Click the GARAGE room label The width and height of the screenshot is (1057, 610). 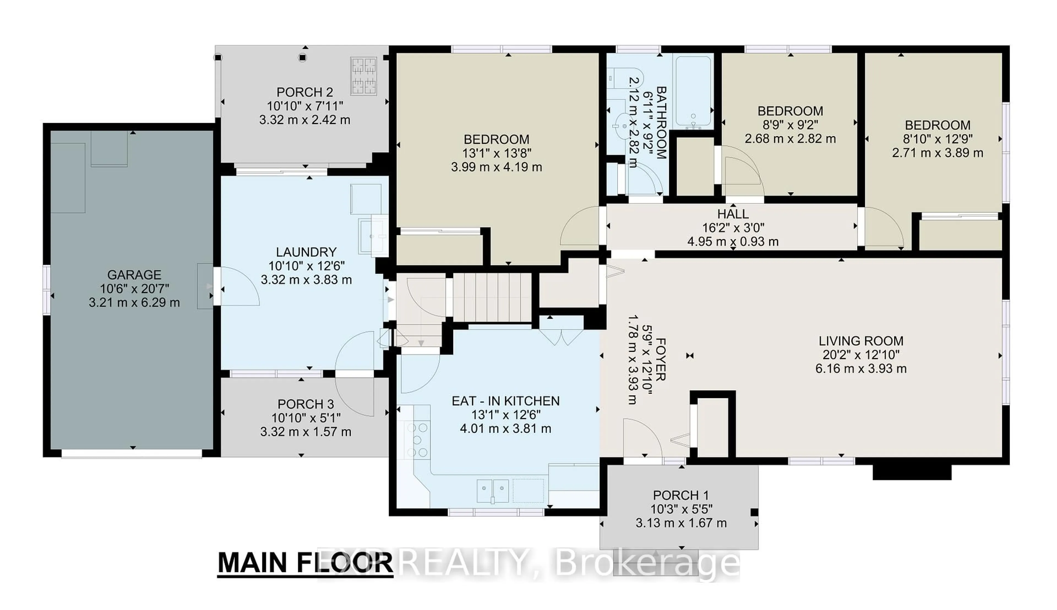[x=134, y=275]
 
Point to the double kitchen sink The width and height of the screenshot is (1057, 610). [x=493, y=490]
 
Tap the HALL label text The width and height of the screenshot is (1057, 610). [x=733, y=214]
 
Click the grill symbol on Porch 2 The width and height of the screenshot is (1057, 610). [x=363, y=76]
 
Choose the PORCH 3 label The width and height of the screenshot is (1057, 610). [x=306, y=404]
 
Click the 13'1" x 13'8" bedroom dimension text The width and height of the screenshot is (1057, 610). [x=497, y=153]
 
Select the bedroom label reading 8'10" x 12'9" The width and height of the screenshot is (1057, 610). [x=937, y=139]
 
